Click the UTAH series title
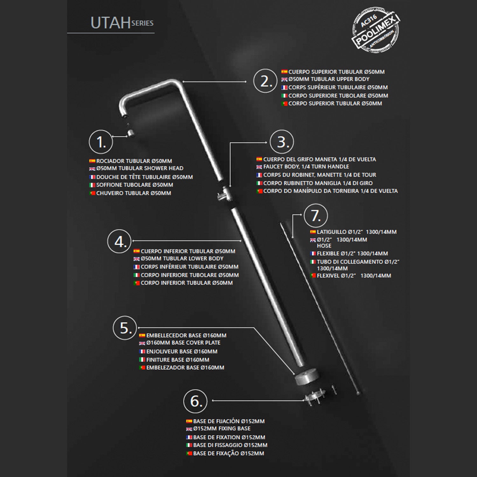click(122, 23)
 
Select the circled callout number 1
click(101, 142)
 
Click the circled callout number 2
click(266, 81)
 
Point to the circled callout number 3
click(282, 142)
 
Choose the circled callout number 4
click(120, 242)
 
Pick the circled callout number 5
click(125, 328)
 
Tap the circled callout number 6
click(195, 401)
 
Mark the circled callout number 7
click(316, 216)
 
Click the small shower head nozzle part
click(130, 133)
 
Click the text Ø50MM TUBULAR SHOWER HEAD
click(140, 168)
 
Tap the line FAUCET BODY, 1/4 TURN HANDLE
click(306, 167)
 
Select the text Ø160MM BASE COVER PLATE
click(183, 343)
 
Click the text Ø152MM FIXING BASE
click(222, 429)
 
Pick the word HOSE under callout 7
click(324, 246)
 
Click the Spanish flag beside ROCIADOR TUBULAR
click(92, 161)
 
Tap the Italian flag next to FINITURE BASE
click(142, 360)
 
